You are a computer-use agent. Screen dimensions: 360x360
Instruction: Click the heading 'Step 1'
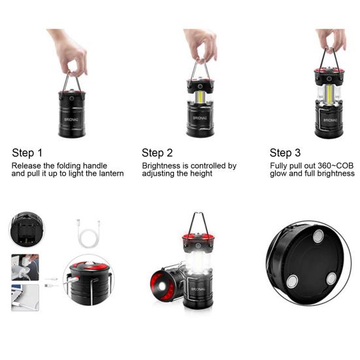click(x=27, y=153)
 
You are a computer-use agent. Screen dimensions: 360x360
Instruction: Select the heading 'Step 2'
click(x=157, y=153)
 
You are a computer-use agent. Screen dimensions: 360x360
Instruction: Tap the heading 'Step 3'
click(x=285, y=153)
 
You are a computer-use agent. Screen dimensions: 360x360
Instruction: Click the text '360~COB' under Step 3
click(x=336, y=166)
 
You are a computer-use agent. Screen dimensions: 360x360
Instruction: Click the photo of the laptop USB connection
click(x=25, y=296)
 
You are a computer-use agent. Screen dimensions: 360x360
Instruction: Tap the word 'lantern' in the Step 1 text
click(x=108, y=174)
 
